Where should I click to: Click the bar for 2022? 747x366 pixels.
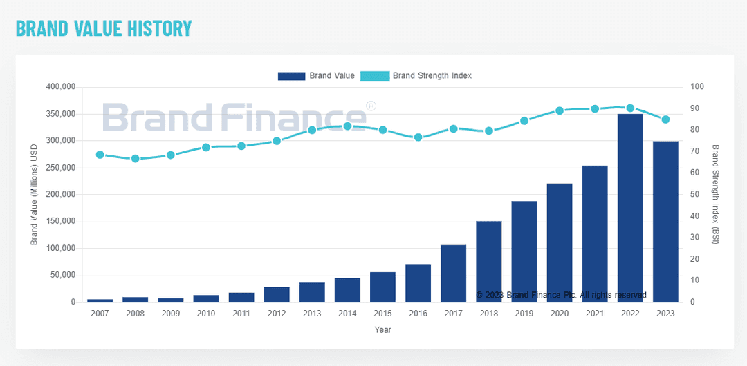coord(630,208)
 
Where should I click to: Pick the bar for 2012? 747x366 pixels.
coord(277,294)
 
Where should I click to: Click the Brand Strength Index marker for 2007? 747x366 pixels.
coord(100,155)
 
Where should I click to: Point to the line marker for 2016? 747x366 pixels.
coord(418,137)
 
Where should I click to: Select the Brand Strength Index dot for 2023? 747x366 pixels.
coord(665,119)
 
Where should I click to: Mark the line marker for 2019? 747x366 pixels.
coord(524,121)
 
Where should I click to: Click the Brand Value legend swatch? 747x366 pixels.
coord(291,75)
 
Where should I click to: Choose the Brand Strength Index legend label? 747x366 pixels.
coord(432,75)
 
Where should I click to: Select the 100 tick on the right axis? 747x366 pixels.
coord(697,87)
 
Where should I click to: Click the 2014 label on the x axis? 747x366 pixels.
coord(347,314)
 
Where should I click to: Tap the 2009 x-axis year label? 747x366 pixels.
coord(170,314)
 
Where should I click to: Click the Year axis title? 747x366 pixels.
coord(382,330)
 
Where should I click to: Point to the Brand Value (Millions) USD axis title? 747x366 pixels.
coord(34,195)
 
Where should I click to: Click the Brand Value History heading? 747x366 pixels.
coord(104,28)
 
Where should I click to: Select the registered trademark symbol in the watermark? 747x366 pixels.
coord(371,106)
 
